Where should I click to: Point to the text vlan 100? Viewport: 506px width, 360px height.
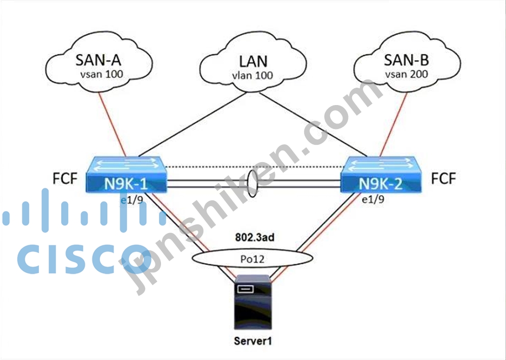(x=253, y=75)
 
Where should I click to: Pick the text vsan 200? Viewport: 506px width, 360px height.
(x=407, y=73)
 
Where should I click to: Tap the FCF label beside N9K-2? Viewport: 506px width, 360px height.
(x=443, y=179)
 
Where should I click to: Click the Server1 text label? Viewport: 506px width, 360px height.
(x=253, y=341)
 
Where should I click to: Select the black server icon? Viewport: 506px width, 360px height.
(x=253, y=303)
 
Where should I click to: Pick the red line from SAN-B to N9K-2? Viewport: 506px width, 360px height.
(x=395, y=122)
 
